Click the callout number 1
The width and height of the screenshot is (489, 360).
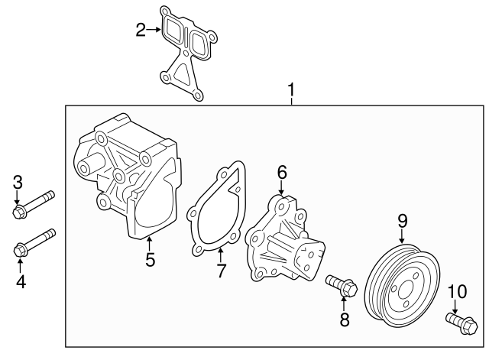pyautogui.click(x=290, y=93)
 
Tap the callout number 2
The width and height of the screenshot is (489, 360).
pyautogui.click(x=141, y=30)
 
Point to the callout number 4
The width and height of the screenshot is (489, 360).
pyautogui.click(x=21, y=282)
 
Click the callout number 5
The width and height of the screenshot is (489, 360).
pyautogui.click(x=151, y=260)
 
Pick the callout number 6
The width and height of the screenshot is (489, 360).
pyautogui.click(x=281, y=173)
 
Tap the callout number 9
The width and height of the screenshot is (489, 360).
pyautogui.click(x=403, y=222)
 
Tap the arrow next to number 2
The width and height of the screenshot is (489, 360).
pyautogui.click(x=154, y=30)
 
